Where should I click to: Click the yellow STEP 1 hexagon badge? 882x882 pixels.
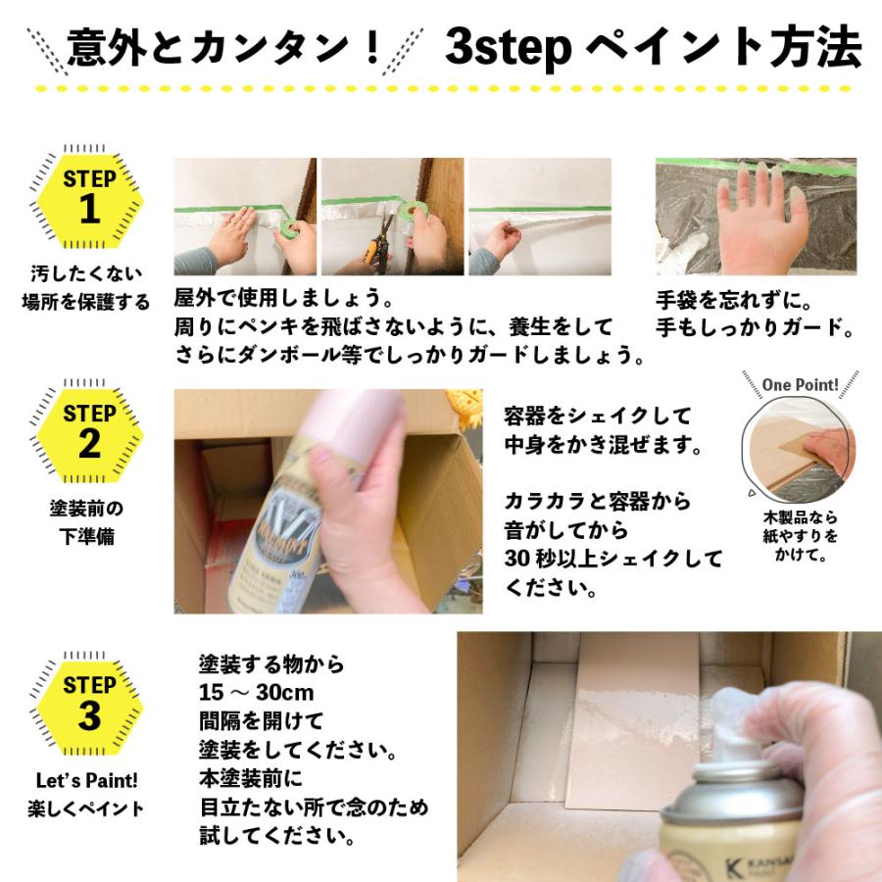point(89,195)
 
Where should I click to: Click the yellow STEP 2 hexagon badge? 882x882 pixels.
point(89,430)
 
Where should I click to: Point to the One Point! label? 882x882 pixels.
point(801,384)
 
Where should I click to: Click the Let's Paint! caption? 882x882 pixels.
point(85,781)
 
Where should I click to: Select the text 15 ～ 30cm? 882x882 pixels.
point(256,693)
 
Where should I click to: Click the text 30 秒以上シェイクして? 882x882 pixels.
point(612,560)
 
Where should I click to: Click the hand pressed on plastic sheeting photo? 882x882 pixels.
point(756,217)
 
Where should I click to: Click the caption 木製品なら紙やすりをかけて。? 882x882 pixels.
point(801,536)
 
